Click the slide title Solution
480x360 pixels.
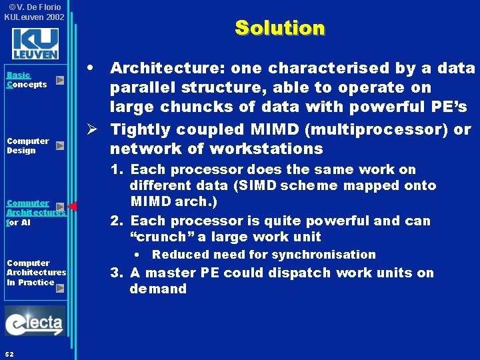click(279, 28)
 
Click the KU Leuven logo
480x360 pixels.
click(35, 43)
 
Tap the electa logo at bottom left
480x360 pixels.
click(35, 323)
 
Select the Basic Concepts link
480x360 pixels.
click(27, 80)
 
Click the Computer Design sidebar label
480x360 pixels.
click(27, 145)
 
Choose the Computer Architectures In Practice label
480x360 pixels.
click(36, 272)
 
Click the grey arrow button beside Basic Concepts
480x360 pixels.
click(60, 80)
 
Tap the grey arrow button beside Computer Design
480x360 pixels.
click(60, 145)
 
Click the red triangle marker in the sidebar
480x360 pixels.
click(73, 206)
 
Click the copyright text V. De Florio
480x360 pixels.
click(35, 7)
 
